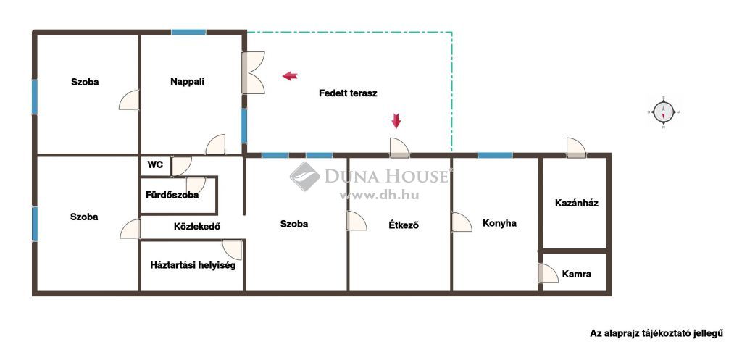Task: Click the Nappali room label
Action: click(x=188, y=82)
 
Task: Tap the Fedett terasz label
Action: click(x=348, y=93)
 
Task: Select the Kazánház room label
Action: click(x=576, y=203)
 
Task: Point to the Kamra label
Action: click(x=576, y=274)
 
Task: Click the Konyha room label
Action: click(x=499, y=223)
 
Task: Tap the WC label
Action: click(x=155, y=165)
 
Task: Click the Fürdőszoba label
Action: click(x=172, y=195)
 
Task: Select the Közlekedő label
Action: click(x=197, y=227)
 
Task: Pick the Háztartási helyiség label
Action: click(x=193, y=265)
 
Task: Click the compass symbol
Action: click(x=664, y=112)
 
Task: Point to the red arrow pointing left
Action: click(x=290, y=75)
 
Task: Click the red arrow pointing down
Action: click(x=396, y=121)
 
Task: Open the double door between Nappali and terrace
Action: click(x=253, y=72)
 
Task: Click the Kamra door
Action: click(x=549, y=273)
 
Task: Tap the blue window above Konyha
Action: click(x=495, y=155)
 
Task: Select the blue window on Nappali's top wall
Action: click(x=189, y=32)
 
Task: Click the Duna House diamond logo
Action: click(x=305, y=177)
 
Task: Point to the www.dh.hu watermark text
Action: click(x=379, y=195)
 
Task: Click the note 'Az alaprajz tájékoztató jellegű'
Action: click(x=656, y=333)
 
